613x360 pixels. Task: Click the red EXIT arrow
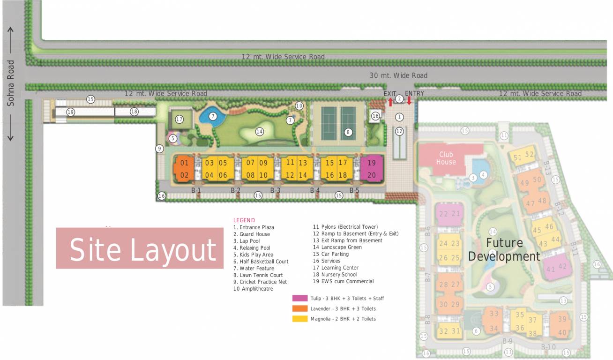click(390, 102)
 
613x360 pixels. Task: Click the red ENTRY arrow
click(409, 101)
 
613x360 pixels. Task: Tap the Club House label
click(446, 158)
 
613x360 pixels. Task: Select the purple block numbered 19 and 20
click(372, 169)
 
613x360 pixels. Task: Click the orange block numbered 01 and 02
click(184, 169)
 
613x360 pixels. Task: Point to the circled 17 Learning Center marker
click(179, 120)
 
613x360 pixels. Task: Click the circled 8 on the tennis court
click(348, 132)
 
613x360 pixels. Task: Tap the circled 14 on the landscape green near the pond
click(259, 132)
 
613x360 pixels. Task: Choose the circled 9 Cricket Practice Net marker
click(159, 149)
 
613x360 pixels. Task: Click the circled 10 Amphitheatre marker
click(299, 105)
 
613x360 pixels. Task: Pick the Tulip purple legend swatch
click(300, 298)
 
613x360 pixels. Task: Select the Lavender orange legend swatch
click(300, 308)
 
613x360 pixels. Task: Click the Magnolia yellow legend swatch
click(300, 319)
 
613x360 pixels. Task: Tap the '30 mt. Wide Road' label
click(398, 75)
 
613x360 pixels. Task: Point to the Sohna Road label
click(11, 83)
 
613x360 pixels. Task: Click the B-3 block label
click(275, 190)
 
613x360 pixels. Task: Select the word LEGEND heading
click(244, 220)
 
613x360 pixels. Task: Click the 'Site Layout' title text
click(142, 249)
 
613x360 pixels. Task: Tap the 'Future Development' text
click(504, 249)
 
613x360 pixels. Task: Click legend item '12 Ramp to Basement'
click(356, 233)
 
